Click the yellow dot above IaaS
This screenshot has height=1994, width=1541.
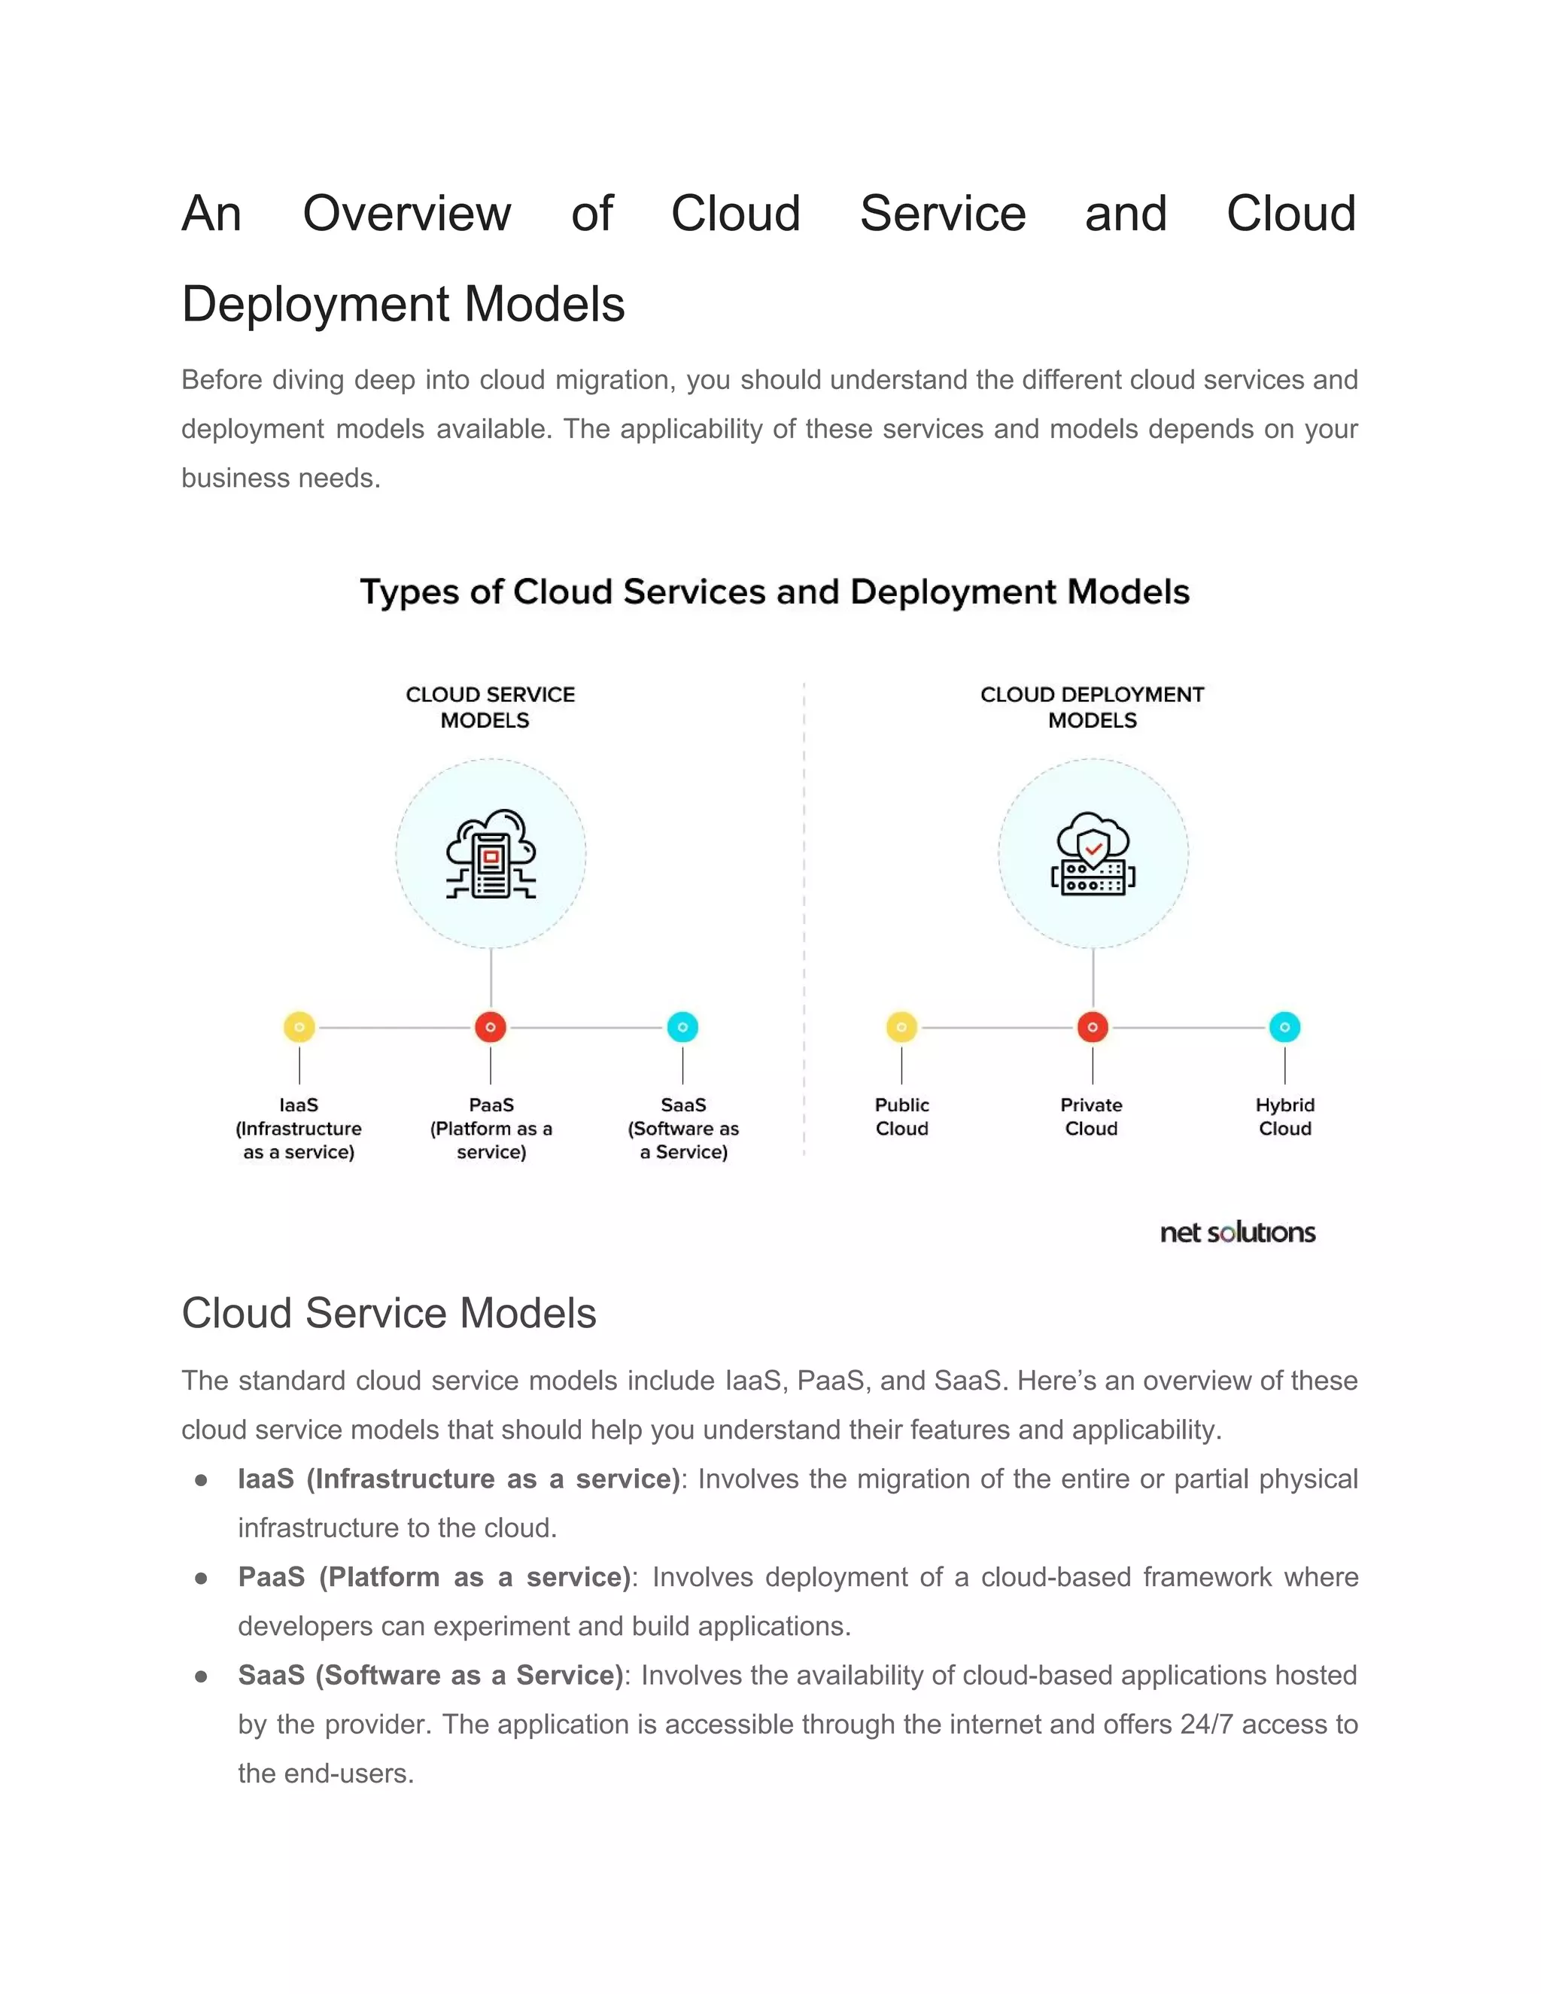tap(299, 1027)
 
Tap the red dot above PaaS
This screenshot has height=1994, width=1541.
tap(491, 1027)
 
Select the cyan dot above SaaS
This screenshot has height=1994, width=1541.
tap(683, 1027)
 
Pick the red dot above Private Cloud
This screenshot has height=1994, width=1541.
tap(1093, 1027)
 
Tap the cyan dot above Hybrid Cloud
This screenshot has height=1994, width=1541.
tap(1284, 1027)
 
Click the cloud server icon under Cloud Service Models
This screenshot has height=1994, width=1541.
tap(491, 855)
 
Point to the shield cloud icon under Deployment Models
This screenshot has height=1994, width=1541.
tap(1093, 855)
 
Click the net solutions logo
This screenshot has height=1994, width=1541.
tap(1237, 1233)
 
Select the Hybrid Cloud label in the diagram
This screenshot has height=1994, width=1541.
tap(1284, 1117)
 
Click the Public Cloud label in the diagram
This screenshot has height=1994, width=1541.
tap(902, 1117)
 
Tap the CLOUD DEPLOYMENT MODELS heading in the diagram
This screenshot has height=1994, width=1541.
tap(1092, 707)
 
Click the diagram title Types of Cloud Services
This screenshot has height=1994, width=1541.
tap(774, 591)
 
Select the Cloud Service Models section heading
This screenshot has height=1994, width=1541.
tap(389, 1314)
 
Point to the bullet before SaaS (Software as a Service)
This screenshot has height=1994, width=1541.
tap(201, 1676)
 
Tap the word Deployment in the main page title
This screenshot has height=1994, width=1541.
tap(316, 304)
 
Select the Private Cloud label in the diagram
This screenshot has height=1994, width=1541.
tap(1091, 1117)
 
